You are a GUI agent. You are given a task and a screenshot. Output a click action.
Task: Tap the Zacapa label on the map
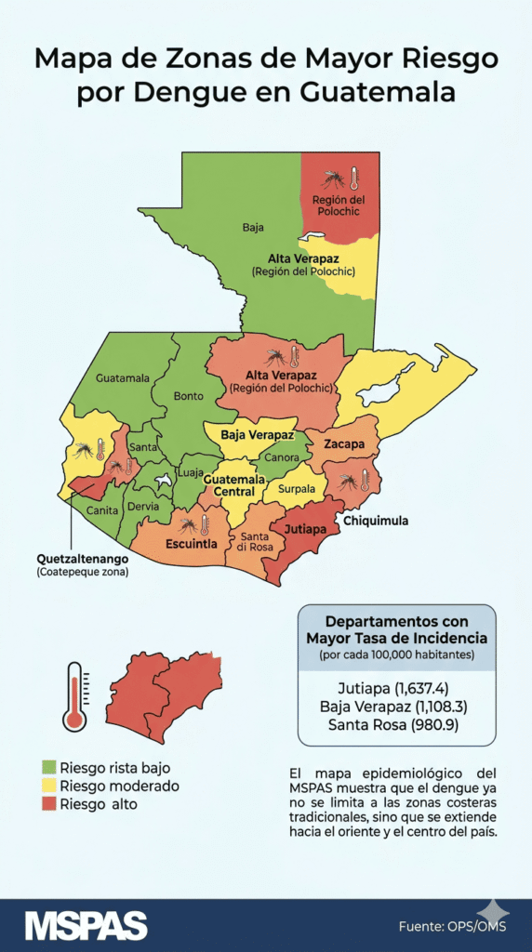343,444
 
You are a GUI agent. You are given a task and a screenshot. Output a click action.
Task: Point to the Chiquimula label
376,522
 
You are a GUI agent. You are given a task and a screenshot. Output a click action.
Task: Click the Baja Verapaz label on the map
258,435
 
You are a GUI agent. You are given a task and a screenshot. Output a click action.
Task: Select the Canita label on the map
102,509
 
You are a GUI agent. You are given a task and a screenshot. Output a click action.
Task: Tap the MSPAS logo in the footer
86,925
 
